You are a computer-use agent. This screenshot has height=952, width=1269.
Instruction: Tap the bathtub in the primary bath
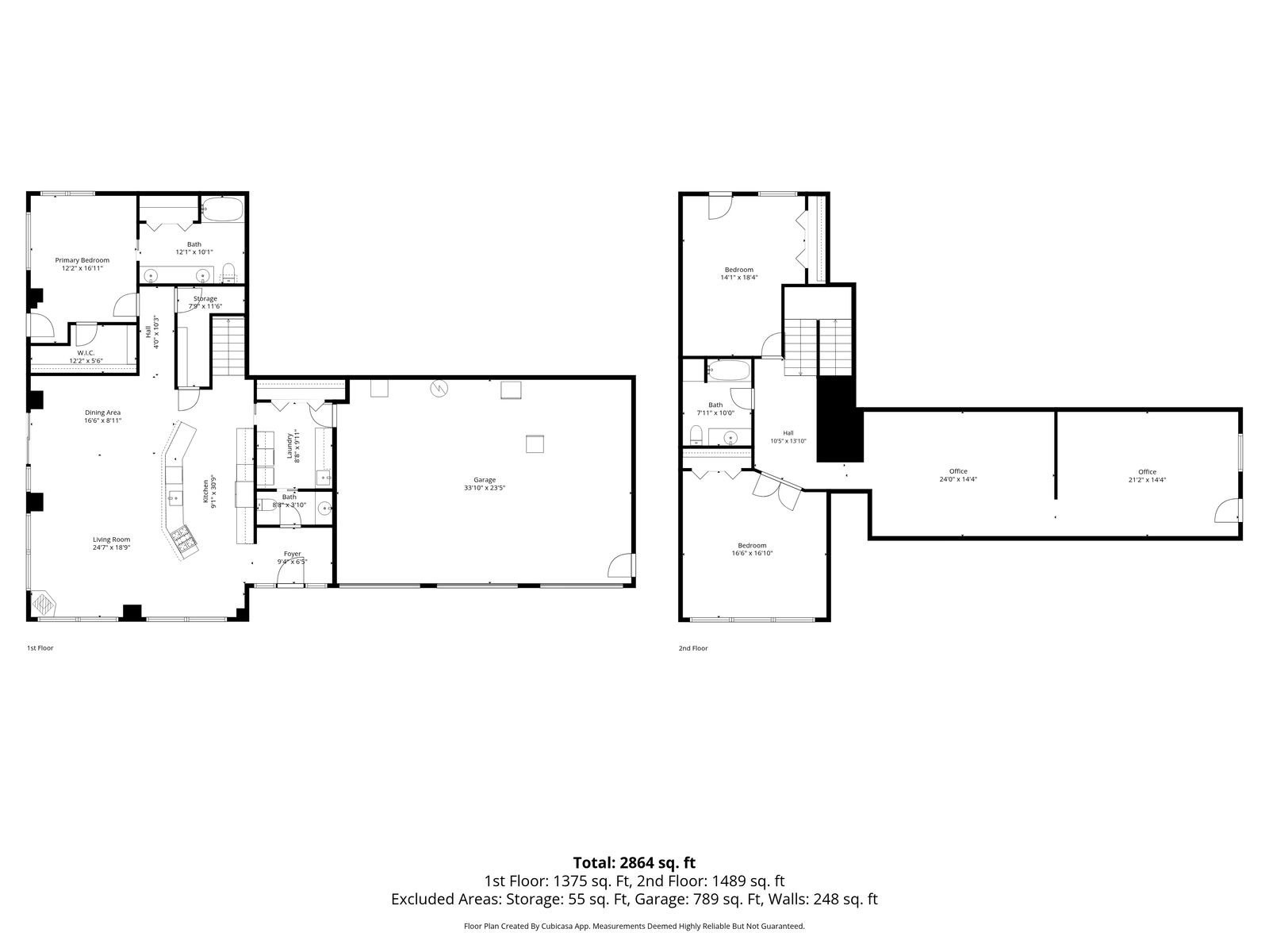coord(222,209)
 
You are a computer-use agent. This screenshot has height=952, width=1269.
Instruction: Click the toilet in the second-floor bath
coord(696,435)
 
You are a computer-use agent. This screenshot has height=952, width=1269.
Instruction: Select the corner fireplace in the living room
coord(44,604)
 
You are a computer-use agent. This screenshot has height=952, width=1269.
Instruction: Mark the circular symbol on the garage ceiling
coord(439,389)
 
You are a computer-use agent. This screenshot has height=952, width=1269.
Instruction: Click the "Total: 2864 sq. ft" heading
coord(634,863)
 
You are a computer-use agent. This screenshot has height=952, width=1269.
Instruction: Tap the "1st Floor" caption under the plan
coord(40,648)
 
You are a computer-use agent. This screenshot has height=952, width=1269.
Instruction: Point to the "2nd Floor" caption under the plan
coord(693,648)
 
